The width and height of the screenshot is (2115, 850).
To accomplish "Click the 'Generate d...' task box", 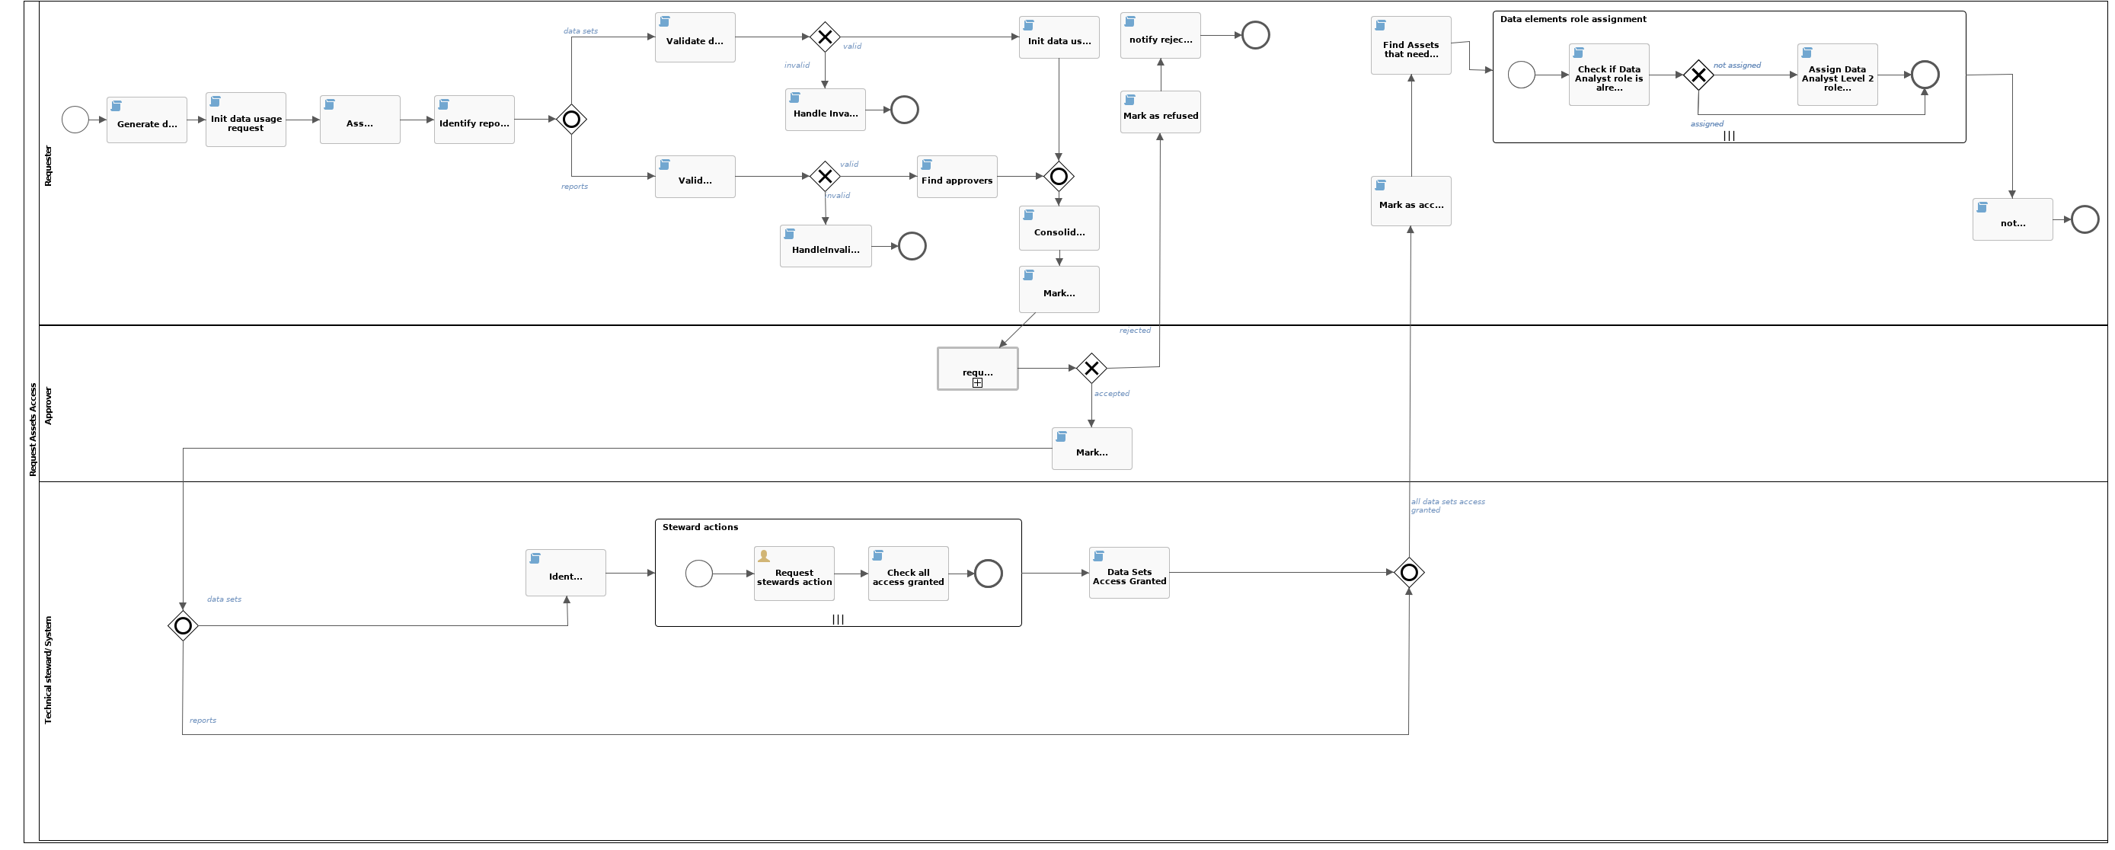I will [x=146, y=120].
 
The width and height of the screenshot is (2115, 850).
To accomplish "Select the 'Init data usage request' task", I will [x=245, y=120].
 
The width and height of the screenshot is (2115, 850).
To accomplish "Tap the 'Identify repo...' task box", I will [x=474, y=120].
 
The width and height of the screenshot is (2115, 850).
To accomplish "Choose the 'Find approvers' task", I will [x=957, y=177].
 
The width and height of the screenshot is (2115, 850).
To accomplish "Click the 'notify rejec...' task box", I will [x=1160, y=36].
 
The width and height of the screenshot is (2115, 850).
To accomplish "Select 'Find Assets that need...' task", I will [x=1411, y=46].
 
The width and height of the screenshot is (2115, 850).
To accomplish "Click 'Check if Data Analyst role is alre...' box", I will [x=1609, y=75].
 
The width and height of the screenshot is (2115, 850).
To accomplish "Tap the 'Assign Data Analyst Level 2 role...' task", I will [x=1837, y=75].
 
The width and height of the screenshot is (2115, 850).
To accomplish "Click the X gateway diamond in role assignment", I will [x=1698, y=75].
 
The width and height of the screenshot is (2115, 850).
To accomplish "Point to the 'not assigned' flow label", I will [x=1736, y=66].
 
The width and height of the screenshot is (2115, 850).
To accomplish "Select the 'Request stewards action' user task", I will [x=794, y=574].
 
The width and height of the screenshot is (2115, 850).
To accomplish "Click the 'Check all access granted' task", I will [x=908, y=574].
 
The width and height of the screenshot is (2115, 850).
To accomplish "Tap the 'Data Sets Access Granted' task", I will [x=1129, y=574].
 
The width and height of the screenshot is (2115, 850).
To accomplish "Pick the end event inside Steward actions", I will [x=988, y=574].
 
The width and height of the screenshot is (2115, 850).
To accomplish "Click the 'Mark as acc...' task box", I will [x=1411, y=201].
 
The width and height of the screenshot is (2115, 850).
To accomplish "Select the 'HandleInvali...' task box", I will [x=825, y=246].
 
